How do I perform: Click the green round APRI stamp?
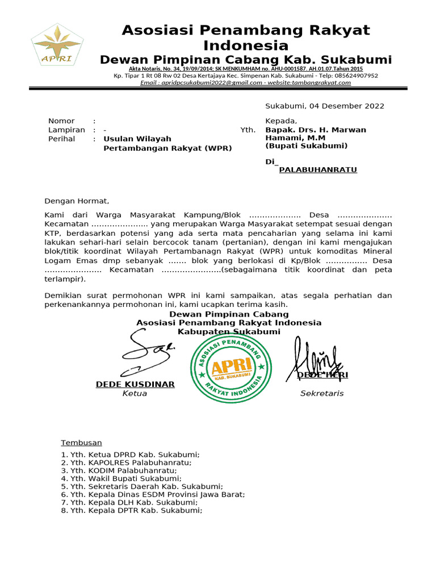click(x=229, y=368)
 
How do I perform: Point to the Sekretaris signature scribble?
click(x=317, y=358)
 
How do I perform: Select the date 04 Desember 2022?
click(x=325, y=106)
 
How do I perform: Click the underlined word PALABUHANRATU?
click(x=318, y=170)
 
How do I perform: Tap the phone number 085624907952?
click(x=349, y=75)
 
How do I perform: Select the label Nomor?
click(x=61, y=121)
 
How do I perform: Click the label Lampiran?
click(x=66, y=130)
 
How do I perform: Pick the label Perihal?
click(x=62, y=139)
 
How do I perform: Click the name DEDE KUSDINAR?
click(x=135, y=385)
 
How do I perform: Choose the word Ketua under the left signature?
click(x=135, y=393)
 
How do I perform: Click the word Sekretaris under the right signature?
click(x=322, y=393)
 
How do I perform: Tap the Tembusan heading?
click(x=81, y=443)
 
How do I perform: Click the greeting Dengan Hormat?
click(x=77, y=201)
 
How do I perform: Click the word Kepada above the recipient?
click(x=281, y=121)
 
